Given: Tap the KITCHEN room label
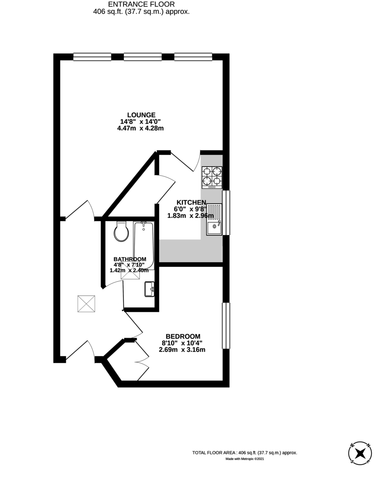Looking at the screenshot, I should point(191,202).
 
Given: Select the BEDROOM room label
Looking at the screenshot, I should point(183,336).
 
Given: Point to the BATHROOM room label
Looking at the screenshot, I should point(130,259).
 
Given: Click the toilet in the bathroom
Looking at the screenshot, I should point(120,231).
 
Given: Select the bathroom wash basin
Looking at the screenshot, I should point(150,289).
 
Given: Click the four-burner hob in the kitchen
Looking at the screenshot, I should point(212,177).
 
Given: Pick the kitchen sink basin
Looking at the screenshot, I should point(214,227).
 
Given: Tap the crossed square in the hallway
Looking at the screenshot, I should point(86,304).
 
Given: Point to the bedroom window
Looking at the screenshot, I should point(226,326).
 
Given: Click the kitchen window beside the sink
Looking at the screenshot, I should point(226,213).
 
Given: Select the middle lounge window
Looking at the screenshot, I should point(143,57).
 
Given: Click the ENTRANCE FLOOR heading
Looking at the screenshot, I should point(141,4).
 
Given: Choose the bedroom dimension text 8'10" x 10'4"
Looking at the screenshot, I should point(182,343).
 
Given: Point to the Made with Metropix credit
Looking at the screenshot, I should point(245,459).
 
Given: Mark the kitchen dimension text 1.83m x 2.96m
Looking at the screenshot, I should point(191,216).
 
